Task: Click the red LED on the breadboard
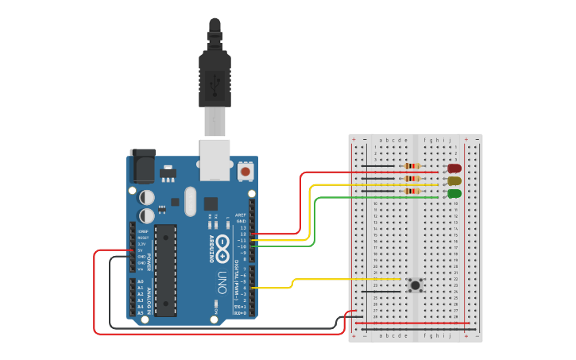454,168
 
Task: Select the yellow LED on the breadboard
454,181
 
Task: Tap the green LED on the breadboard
454,194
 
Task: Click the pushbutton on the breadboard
415,285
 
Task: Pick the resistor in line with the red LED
412,166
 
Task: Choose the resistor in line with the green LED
412,192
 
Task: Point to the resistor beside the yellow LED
412,179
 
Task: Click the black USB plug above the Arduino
215,75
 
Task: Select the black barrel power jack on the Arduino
143,167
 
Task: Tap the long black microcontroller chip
165,270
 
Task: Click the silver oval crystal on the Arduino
189,201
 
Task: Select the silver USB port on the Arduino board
215,157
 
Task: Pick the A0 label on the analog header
140,282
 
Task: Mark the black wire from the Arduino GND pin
222,327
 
